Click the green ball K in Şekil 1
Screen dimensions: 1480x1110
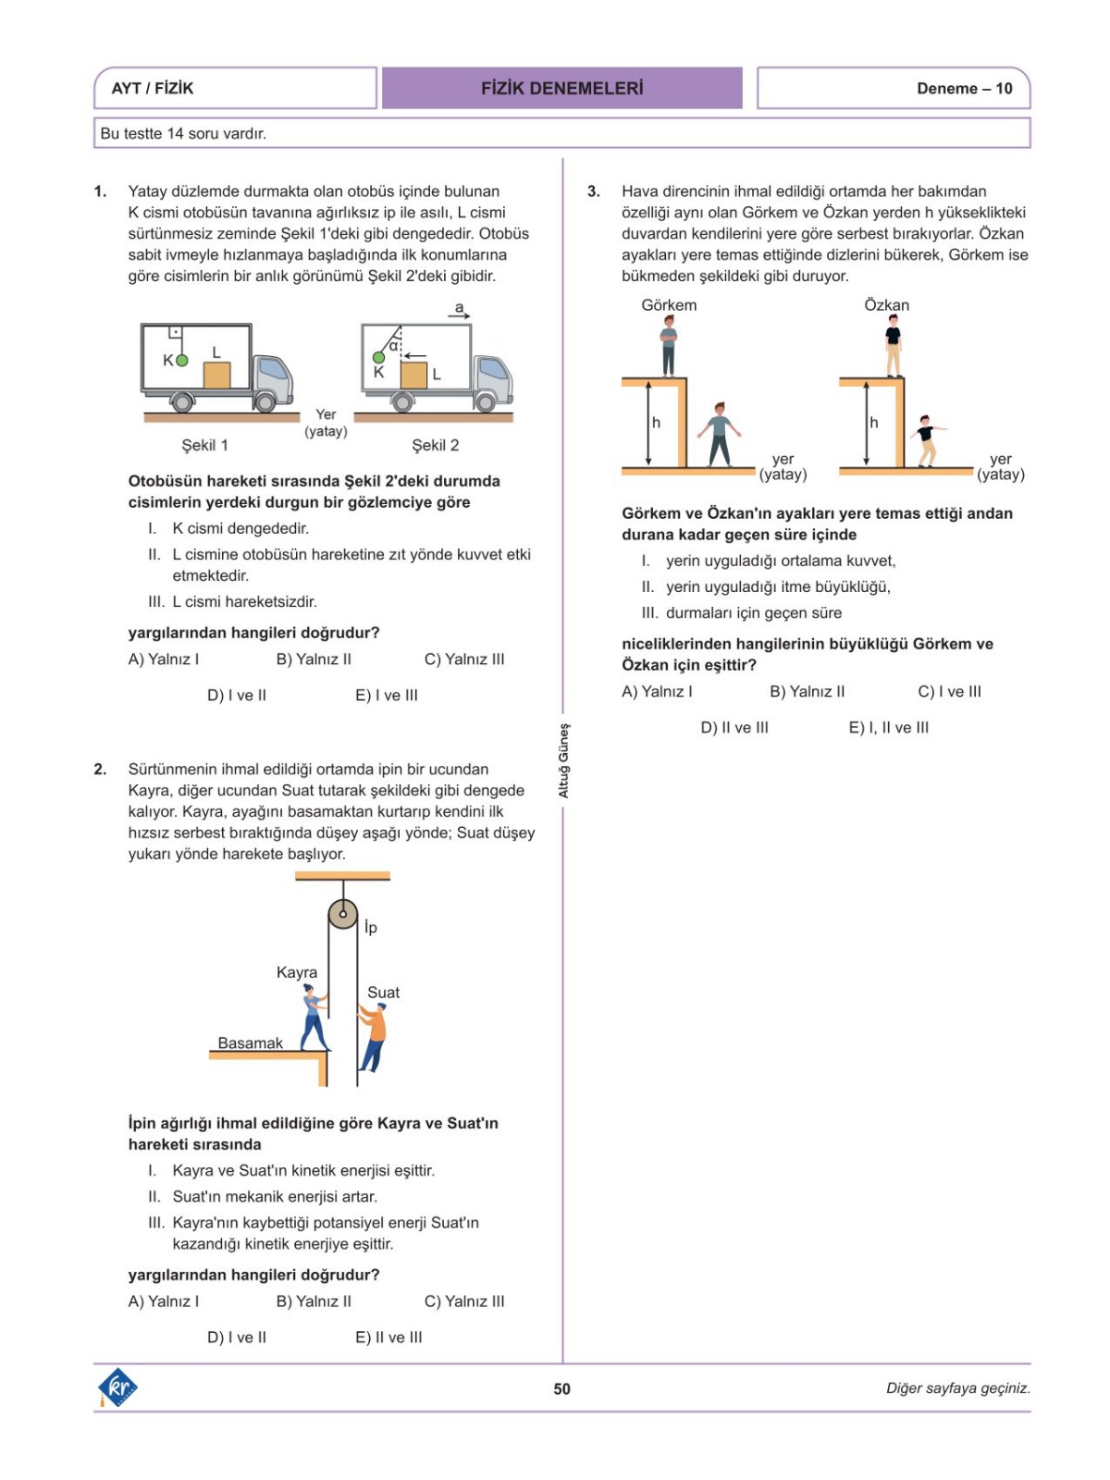point(182,361)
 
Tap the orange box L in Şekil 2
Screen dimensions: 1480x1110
point(413,375)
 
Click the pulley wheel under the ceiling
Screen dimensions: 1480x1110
point(342,914)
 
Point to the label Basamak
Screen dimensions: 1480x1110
point(250,1042)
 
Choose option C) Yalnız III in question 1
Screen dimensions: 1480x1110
point(464,659)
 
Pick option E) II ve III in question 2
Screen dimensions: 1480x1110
point(388,1337)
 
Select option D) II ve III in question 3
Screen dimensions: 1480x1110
point(734,727)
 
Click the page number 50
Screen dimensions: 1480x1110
point(561,1388)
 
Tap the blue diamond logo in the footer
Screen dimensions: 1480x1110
point(117,1387)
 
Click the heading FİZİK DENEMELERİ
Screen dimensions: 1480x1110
point(561,88)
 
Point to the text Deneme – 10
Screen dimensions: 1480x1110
point(964,89)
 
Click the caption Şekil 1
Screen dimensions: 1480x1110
point(204,445)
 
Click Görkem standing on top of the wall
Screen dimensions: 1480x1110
point(669,346)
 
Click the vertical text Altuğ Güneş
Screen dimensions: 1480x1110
point(563,760)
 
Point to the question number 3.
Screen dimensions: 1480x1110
point(594,191)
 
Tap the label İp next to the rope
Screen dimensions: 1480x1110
point(370,927)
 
